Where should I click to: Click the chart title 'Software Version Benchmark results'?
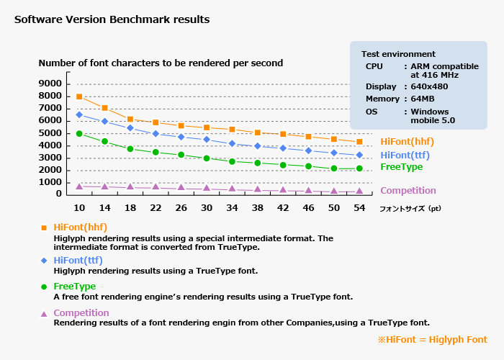[112, 19]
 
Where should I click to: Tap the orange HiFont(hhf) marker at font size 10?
[79, 96]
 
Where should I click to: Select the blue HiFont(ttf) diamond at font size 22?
[156, 133]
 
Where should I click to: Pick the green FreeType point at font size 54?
[359, 168]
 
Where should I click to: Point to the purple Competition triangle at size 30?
[207, 189]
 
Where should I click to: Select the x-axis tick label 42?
[283, 207]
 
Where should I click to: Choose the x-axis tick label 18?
[130, 207]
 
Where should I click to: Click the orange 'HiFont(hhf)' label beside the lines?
[407, 141]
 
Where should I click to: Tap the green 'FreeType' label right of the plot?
[401, 166]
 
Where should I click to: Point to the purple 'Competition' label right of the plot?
[408, 191]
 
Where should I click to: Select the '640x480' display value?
[429, 86]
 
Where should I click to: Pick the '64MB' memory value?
[423, 99]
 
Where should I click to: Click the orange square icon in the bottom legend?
[44, 228]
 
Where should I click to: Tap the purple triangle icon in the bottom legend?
[44, 314]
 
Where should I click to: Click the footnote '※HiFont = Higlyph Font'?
[432, 339]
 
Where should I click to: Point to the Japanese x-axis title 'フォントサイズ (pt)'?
[410, 208]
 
